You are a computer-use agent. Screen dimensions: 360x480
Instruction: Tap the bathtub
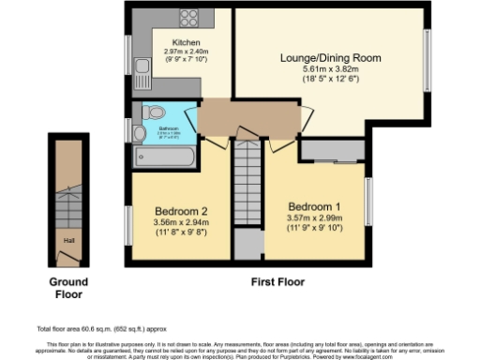pyautogui.click(x=165, y=154)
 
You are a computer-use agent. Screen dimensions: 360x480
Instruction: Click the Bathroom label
pyautogui.click(x=169, y=128)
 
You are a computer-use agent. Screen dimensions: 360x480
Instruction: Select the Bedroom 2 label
pyautogui.click(x=179, y=212)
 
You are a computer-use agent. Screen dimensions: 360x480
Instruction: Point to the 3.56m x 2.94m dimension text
pyautogui.click(x=179, y=224)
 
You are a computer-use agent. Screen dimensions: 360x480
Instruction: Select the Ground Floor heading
pyautogui.click(x=68, y=288)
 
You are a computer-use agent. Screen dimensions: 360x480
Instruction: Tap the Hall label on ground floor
pyautogui.click(x=67, y=240)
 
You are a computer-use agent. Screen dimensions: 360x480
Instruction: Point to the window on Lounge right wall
pyautogui.click(x=425, y=59)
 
